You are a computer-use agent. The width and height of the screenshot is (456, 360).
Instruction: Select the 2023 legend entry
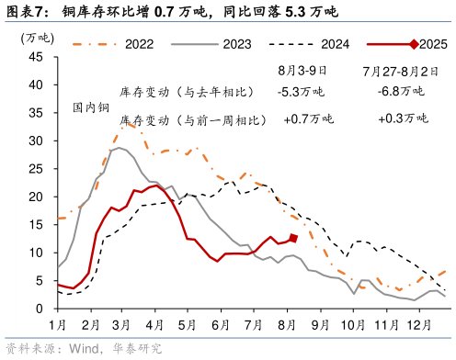(237, 42)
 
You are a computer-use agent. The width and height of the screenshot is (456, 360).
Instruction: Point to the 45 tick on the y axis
(37, 57)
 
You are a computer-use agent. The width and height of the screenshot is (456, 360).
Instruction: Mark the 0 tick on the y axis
(40, 309)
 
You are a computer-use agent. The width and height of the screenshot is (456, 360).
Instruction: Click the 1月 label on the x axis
(57, 326)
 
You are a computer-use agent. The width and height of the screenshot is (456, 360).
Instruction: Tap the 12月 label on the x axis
(420, 326)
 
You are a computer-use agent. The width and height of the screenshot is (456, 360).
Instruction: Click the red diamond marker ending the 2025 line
(293, 239)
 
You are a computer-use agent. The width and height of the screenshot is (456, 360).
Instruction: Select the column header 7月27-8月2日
(398, 70)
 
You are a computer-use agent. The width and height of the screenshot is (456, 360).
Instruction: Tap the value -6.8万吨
(401, 91)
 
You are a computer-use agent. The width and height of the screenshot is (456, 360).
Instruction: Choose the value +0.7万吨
(308, 119)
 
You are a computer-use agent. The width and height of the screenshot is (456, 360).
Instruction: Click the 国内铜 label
(90, 107)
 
